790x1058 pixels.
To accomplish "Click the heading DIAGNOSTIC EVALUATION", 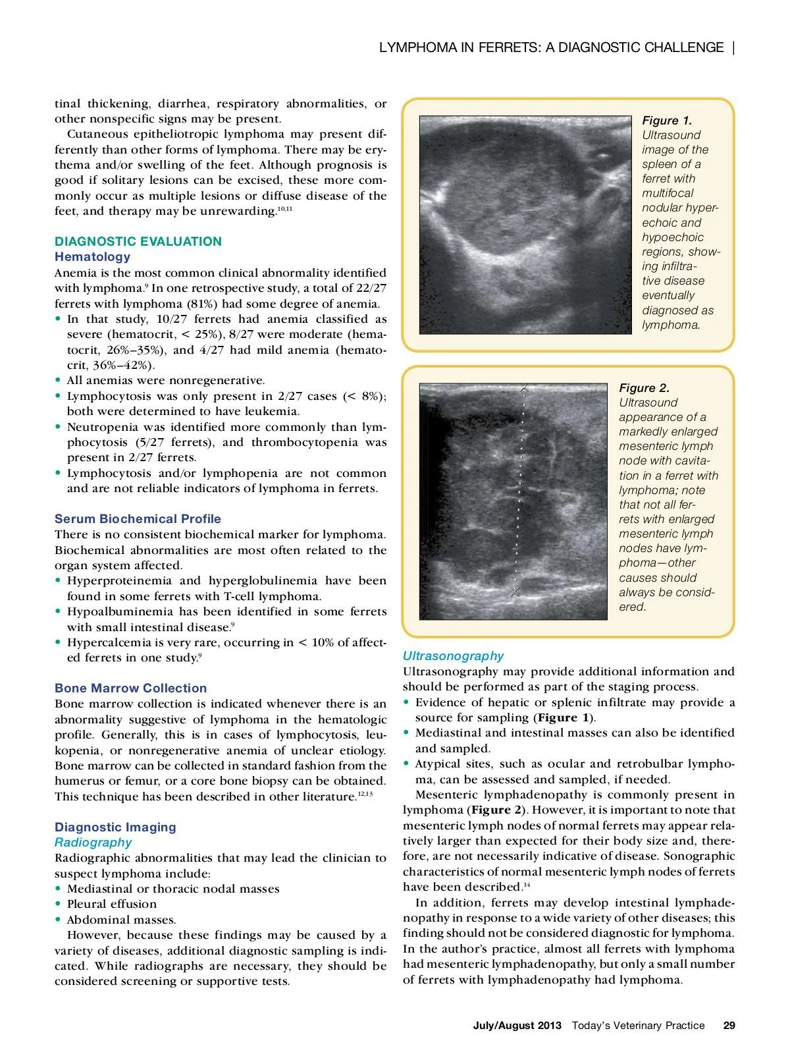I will click(138, 241).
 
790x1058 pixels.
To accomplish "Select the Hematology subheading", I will click(92, 257).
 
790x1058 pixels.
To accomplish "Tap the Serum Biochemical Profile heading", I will click(138, 518).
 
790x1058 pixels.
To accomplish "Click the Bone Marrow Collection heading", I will click(130, 688).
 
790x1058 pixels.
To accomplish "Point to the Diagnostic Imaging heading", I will click(115, 827).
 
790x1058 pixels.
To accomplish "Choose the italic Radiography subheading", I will click(93, 842).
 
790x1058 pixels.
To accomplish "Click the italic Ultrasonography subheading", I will click(453, 655).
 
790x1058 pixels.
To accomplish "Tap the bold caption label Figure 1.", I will click(667, 121).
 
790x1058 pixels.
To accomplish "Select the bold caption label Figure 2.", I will click(644, 388).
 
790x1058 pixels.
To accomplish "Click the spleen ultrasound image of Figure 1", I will click(525, 225).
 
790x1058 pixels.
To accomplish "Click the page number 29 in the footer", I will click(729, 1025).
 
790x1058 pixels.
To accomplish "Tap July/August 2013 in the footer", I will click(517, 1025).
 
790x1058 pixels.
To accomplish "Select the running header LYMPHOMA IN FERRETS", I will click(551, 47).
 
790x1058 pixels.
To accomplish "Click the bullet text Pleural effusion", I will click(112, 904).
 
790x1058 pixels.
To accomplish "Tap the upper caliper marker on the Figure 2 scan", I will click(524, 390).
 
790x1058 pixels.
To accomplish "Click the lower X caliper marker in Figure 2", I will click(516, 591).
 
